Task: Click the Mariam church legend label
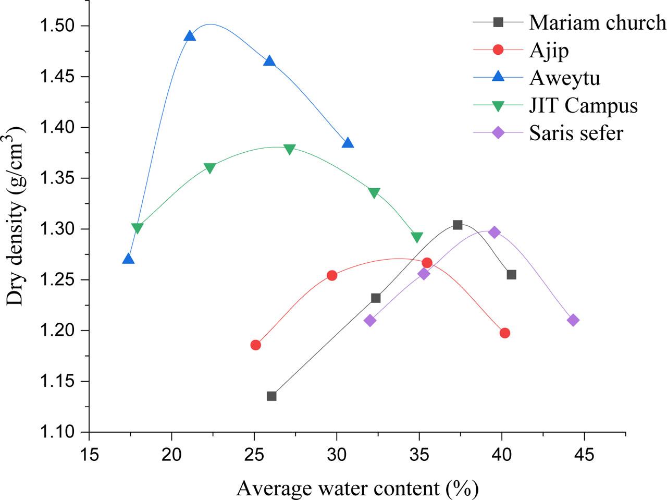point(597,22)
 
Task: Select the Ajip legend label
point(549,50)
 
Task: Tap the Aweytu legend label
point(564,78)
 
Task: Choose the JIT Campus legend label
point(583,105)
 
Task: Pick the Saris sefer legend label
point(576,133)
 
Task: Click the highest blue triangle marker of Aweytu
point(190,36)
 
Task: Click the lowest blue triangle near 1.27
point(128,259)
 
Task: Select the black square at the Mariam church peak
point(458,225)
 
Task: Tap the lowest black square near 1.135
point(271,396)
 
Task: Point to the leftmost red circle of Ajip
point(255,345)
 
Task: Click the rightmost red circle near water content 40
point(504,333)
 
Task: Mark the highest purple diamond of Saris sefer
point(495,232)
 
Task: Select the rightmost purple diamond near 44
point(573,320)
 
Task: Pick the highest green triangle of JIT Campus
point(290,150)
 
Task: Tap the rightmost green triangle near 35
point(417,238)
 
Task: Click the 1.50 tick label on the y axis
point(57,26)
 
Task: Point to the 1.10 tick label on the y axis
point(57,432)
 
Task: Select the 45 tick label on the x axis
point(584,455)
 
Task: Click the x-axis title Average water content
point(357,489)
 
